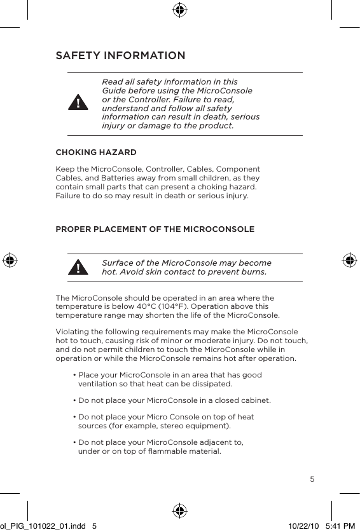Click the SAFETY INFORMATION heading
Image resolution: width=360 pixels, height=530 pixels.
[x=120, y=56]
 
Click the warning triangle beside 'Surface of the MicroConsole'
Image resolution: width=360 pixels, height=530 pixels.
[x=78, y=268]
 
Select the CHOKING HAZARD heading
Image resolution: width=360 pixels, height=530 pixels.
[x=96, y=153]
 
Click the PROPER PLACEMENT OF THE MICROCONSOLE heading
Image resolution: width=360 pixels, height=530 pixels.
[x=155, y=229]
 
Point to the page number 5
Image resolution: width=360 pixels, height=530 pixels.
[x=312, y=479]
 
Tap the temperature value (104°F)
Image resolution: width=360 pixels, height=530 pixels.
[x=183, y=306]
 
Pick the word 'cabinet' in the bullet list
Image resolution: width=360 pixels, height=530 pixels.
[x=255, y=400]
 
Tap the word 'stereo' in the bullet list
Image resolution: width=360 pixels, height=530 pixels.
[x=162, y=425]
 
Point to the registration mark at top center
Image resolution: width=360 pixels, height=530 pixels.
[x=180, y=10]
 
